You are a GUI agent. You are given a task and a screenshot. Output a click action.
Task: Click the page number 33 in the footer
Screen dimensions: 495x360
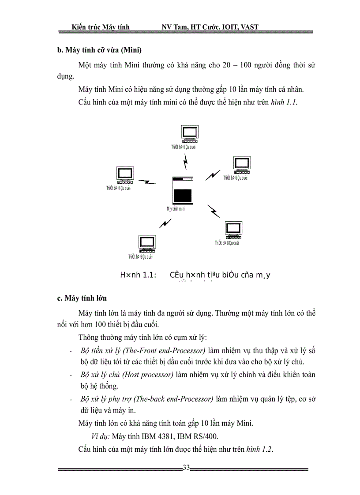coord(186,468)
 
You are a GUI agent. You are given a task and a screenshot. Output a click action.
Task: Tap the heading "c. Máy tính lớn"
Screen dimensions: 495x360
coord(82,298)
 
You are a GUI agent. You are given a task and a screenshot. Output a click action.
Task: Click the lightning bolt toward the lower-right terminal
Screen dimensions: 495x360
coord(214,211)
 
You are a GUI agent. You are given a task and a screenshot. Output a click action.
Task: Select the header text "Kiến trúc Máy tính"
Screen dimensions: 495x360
coord(101,27)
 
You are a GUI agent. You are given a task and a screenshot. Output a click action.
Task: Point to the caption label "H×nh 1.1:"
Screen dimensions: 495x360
coord(139,275)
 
